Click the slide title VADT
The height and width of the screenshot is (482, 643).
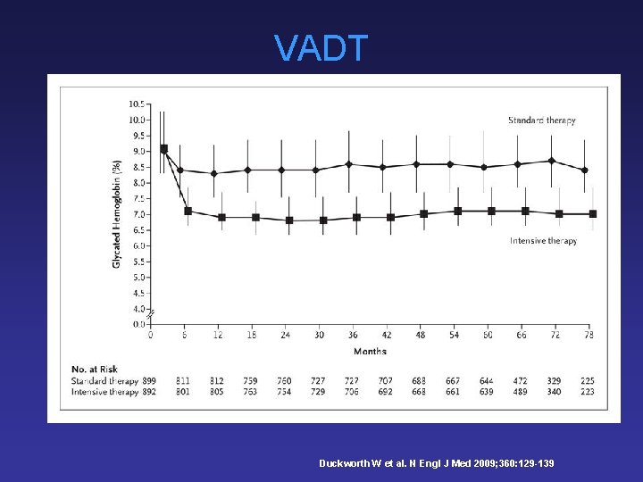coord(321,48)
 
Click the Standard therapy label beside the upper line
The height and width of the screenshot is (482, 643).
coord(541,120)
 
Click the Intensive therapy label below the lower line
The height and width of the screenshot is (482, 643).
coord(543,241)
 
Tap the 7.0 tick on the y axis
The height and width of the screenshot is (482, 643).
coord(138,214)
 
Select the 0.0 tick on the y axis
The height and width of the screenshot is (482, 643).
coord(138,324)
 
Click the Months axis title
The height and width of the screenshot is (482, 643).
coord(370,352)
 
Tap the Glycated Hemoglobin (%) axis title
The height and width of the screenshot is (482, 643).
coord(117,214)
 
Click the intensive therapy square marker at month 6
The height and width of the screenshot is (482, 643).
coord(188,211)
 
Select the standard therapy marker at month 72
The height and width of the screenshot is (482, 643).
coord(552,161)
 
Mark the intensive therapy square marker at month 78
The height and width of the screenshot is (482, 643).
coord(592,214)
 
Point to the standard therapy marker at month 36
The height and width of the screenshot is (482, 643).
coord(348,164)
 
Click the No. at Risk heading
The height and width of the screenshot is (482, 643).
coord(96,370)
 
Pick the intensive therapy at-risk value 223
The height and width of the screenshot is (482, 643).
coord(587,392)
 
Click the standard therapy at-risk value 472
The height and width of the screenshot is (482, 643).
coord(521,381)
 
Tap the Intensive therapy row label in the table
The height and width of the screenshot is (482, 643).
coord(104,392)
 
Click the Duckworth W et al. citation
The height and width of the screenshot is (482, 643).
coord(436,463)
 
